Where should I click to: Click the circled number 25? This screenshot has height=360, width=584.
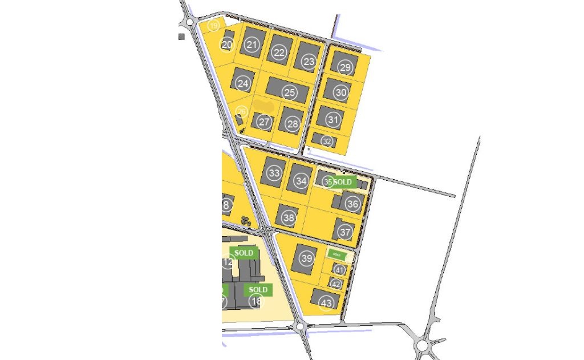click(290, 92)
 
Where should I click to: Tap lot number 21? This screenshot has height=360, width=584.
click(253, 45)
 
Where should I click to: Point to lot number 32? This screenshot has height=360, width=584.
click(327, 141)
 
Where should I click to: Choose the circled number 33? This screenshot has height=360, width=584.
click(274, 173)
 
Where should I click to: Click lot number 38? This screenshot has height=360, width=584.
click(289, 217)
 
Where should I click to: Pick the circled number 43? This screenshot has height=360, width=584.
click(327, 303)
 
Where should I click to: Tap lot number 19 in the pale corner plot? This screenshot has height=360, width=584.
click(213, 26)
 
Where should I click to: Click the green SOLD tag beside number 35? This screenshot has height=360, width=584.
click(343, 182)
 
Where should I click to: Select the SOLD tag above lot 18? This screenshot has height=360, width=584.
click(258, 290)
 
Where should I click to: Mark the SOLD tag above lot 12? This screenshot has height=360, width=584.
click(244, 253)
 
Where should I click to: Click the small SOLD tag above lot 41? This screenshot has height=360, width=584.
click(336, 254)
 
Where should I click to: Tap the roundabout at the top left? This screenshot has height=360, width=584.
click(189, 22)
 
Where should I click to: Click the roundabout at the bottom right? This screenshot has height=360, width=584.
click(422, 345)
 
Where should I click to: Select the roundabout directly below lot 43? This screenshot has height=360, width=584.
click(300, 327)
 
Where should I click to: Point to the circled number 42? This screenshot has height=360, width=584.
click(336, 284)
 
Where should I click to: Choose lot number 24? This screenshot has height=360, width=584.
click(244, 83)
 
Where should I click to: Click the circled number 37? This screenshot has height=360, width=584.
click(345, 232)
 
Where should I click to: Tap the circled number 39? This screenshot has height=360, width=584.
click(307, 259)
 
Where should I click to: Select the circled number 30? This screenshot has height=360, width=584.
click(341, 92)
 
